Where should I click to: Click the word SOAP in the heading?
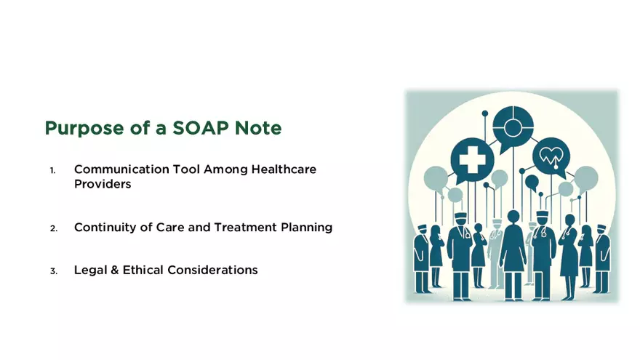pyautogui.click(x=211, y=128)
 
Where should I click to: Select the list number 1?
pyautogui.click(x=53, y=170)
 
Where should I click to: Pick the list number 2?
pyautogui.click(x=53, y=228)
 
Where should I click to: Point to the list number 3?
pyautogui.click(x=53, y=271)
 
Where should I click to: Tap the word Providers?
pyautogui.click(x=103, y=184)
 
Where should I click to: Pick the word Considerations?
pyautogui.click(x=212, y=270)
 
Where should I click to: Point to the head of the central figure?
pyautogui.click(x=513, y=217)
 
